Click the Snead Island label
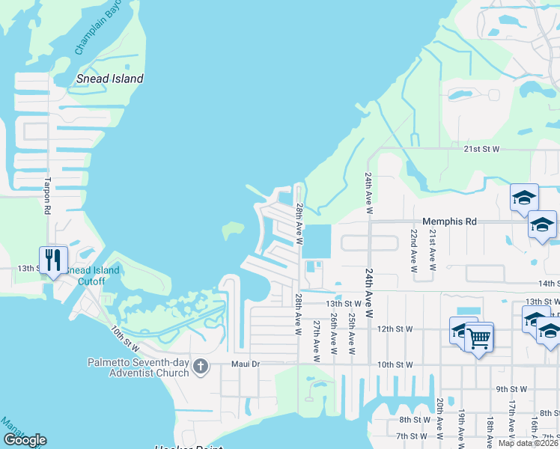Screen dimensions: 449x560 [110, 79]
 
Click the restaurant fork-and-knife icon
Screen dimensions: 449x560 [53, 260]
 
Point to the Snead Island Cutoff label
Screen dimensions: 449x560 [93, 275]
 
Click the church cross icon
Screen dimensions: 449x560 [200, 366]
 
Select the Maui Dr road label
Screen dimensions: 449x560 [243, 364]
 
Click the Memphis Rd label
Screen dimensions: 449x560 [449, 222]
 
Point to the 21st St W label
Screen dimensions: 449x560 [481, 149]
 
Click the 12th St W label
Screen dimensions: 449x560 [395, 329]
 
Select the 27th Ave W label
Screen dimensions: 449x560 [317, 341]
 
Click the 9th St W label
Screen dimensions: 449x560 [512, 389]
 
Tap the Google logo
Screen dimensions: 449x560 [25, 440]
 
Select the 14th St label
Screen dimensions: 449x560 [549, 284]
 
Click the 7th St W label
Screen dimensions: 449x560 [413, 436]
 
